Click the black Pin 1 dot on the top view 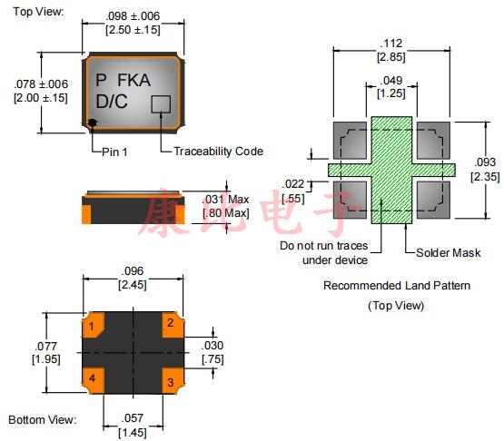[x=93, y=122]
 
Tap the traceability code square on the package [x=161, y=104]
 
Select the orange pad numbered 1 [x=94, y=325]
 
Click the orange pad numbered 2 [x=173, y=325]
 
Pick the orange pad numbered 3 [x=173, y=381]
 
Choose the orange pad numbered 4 [x=94, y=380]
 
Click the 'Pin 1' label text [x=114, y=152]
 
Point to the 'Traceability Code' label [x=218, y=152]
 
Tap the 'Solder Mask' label [x=448, y=253]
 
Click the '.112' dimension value [x=390, y=44]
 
